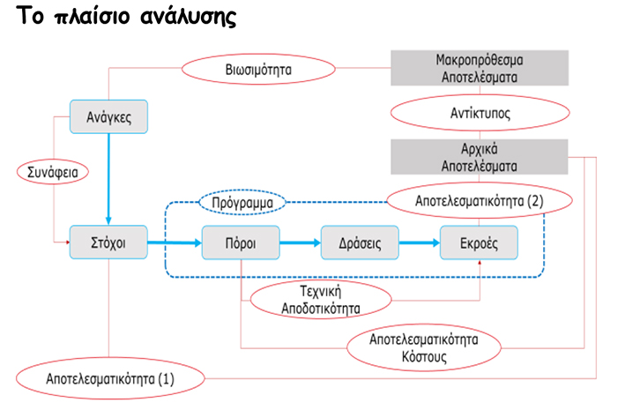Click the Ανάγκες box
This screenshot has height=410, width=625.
point(108,116)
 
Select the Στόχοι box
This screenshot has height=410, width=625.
point(108,242)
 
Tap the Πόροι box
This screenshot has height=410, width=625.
point(241,242)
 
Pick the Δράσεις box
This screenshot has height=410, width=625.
point(360,242)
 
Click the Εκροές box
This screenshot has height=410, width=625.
point(479,242)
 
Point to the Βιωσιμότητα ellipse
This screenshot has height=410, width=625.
point(258,69)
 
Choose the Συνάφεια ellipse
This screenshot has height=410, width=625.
point(53,172)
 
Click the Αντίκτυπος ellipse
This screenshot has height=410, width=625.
point(480,113)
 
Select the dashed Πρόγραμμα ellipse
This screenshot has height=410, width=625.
point(242,202)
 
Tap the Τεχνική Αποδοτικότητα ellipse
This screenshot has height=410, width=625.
point(321,299)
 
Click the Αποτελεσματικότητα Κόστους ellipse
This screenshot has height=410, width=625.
point(424,347)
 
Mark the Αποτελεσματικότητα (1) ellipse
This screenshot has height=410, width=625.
point(110,378)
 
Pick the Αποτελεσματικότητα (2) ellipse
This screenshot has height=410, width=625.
point(480,200)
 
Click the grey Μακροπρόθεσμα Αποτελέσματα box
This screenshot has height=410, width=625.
point(480,68)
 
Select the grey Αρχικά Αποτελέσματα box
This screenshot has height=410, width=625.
point(480,157)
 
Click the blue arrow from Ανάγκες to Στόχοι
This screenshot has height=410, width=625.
point(108,179)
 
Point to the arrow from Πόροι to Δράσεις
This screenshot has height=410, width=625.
point(300,242)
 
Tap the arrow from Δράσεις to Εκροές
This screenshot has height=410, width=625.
point(420,242)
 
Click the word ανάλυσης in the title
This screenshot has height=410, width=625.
point(188,17)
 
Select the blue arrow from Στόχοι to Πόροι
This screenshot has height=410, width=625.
point(175,242)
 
